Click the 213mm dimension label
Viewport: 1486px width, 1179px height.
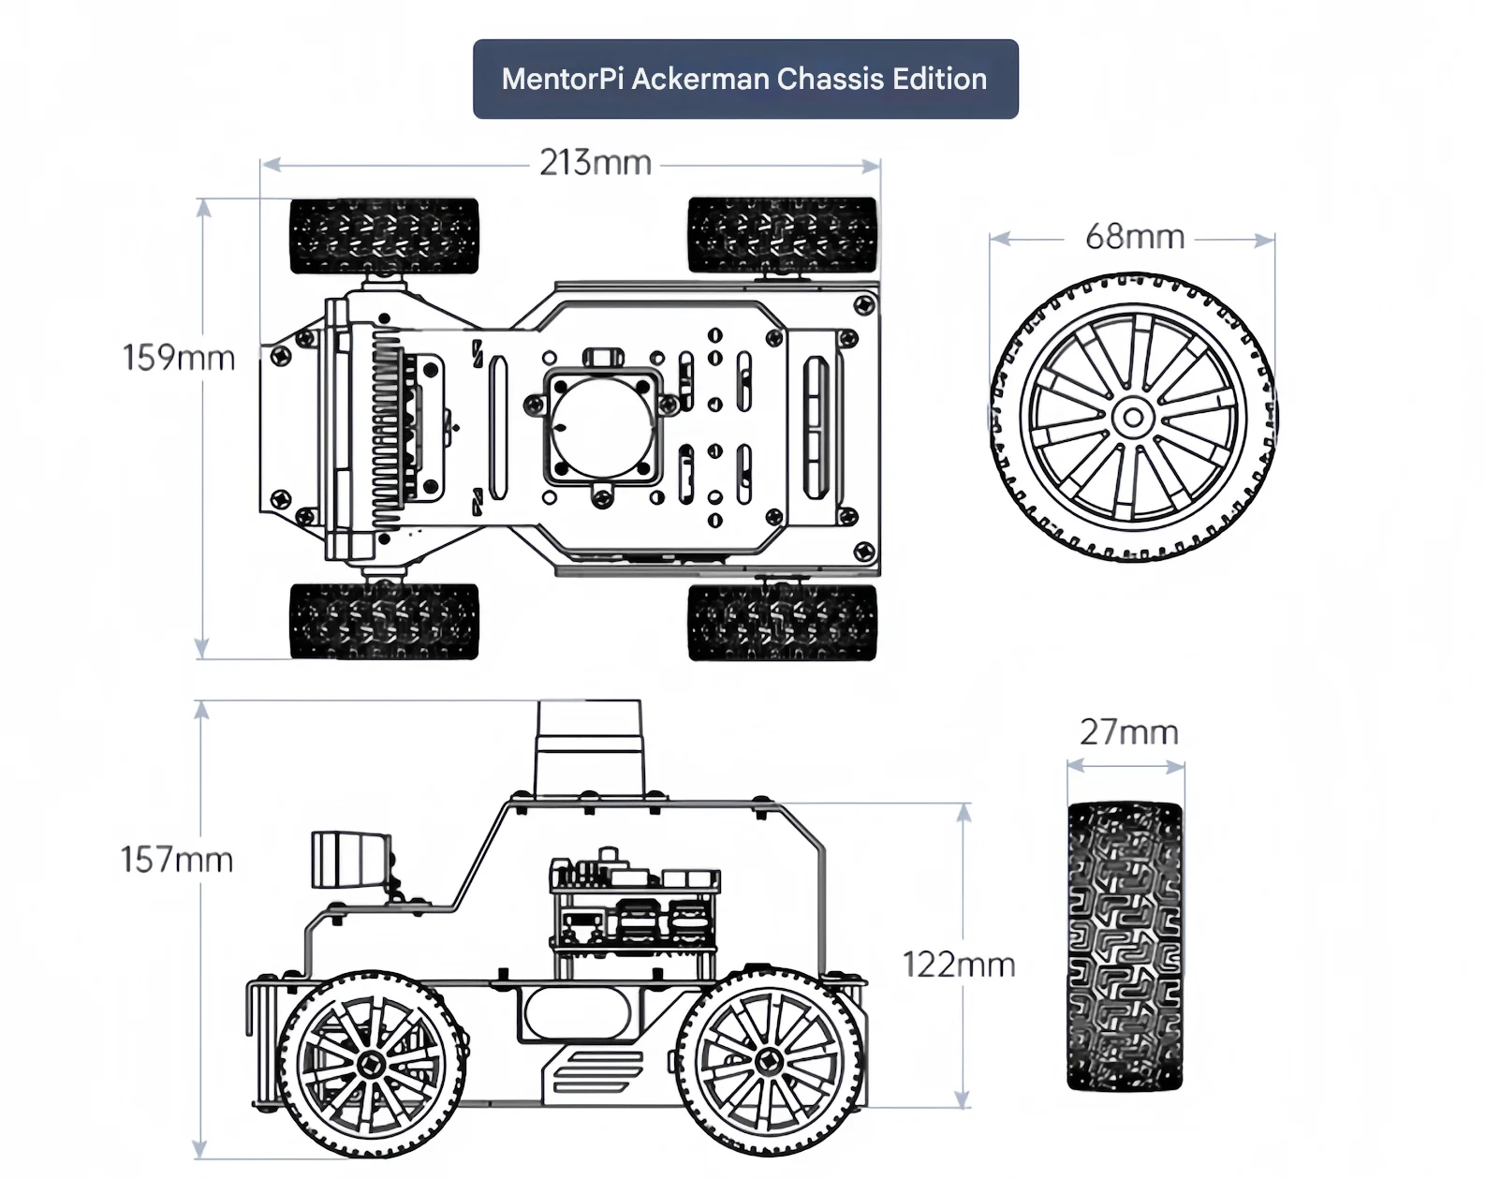point(596,164)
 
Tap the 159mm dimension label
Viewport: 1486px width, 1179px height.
point(178,358)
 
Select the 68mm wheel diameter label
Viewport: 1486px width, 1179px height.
point(1135,237)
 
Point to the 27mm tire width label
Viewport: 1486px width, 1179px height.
point(1128,732)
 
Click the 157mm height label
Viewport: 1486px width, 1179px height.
point(177,860)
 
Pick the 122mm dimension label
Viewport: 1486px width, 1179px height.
point(959,965)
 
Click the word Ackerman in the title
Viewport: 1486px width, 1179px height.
point(701,79)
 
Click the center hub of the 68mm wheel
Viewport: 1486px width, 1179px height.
point(1133,418)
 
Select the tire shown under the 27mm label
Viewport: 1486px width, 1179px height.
point(1125,946)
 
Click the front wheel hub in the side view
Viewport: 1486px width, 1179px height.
point(372,1065)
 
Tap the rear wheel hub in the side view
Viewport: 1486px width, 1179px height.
point(770,1061)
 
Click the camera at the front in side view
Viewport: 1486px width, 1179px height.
point(348,860)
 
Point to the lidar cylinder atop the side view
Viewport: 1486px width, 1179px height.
point(589,749)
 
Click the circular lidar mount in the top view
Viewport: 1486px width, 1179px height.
point(603,427)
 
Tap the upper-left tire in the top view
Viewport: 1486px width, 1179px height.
point(384,236)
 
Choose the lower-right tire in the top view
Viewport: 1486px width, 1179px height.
point(782,623)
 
